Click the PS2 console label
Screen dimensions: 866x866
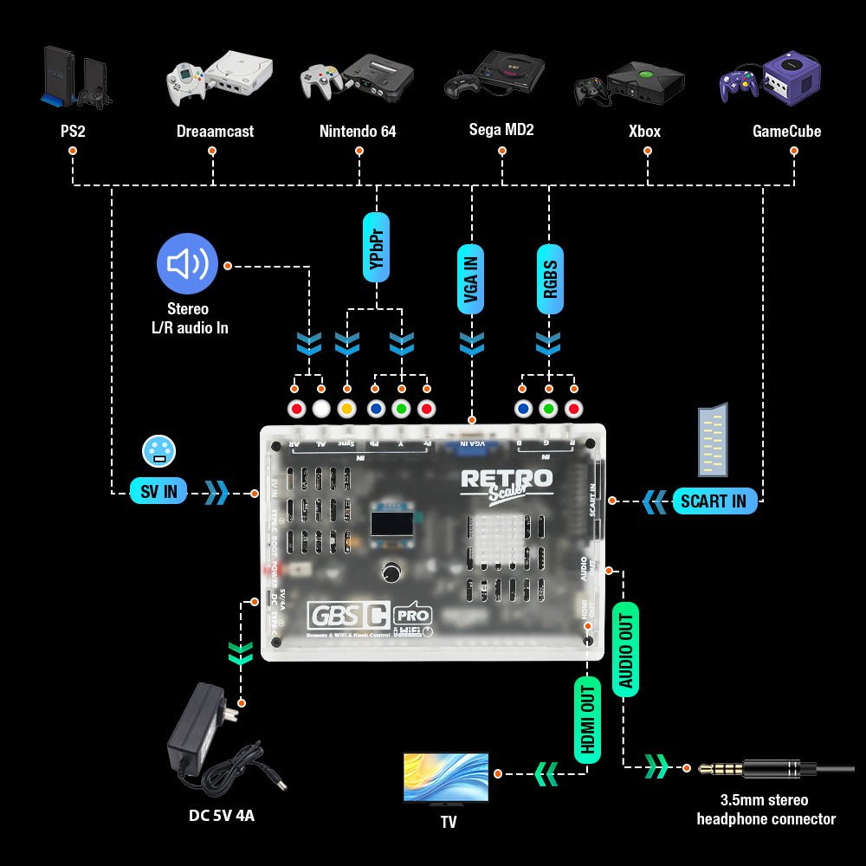click(x=72, y=132)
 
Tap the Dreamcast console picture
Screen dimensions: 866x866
click(x=218, y=76)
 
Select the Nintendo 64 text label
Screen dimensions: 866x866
click(x=358, y=132)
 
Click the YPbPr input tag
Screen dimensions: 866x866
click(x=377, y=247)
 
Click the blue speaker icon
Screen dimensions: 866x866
click(x=187, y=263)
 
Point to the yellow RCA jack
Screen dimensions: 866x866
click(x=347, y=409)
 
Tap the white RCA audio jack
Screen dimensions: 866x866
click(x=321, y=409)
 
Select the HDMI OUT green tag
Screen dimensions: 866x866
click(x=587, y=720)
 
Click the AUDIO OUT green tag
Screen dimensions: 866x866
click(x=625, y=648)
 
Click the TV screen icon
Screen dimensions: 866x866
click(x=446, y=778)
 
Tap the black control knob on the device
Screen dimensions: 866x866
click(x=392, y=573)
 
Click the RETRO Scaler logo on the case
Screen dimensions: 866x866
click(x=507, y=482)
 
